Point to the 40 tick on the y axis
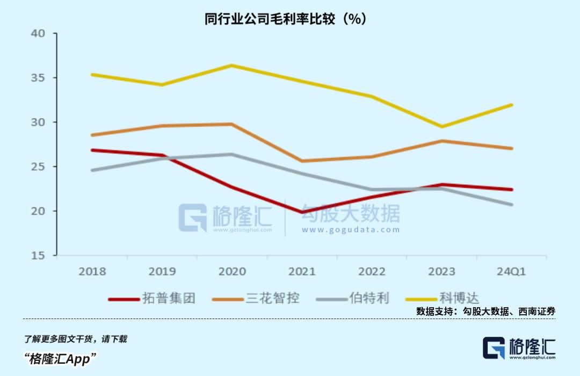(39, 33)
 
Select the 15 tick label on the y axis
(39, 256)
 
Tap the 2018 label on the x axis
(92, 272)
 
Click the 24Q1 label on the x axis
(511, 272)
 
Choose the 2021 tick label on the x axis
(302, 272)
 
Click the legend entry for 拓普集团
(153, 298)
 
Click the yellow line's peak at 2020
(231, 66)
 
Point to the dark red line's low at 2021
(302, 213)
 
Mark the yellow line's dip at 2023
(441, 127)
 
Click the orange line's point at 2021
(302, 161)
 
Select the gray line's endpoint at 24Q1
(511, 205)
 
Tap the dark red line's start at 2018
(92, 150)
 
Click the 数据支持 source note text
(485, 311)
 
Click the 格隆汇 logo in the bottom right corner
(519, 348)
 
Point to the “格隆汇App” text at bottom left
(60, 358)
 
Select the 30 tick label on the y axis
(39, 122)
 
